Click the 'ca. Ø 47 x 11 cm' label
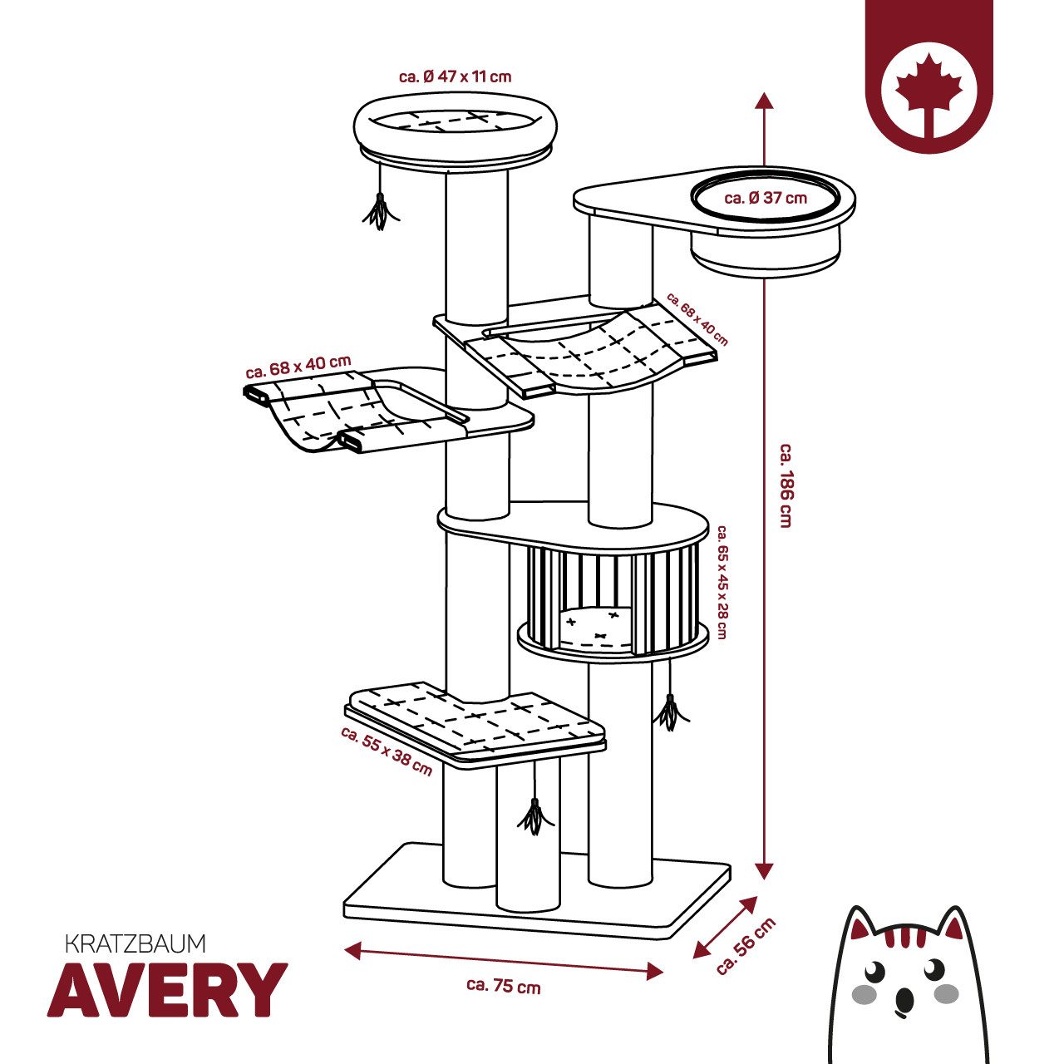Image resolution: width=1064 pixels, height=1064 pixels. coord(455,76)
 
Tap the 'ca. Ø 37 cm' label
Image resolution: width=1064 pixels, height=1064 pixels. coord(766,198)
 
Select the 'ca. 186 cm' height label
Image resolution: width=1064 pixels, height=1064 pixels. coord(786,485)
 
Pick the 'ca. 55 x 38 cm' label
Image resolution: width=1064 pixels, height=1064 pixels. coord(387,751)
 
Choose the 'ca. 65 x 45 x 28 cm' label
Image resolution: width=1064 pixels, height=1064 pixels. coord(722,582)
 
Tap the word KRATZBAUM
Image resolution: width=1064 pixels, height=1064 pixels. coord(135,943)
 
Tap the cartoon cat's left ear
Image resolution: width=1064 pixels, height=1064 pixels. coord(863,929)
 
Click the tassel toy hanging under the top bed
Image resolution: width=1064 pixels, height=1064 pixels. coord(379,211)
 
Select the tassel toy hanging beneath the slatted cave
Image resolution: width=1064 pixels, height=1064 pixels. coord(670,712)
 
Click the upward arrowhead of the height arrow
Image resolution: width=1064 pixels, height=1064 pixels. coord(764,101)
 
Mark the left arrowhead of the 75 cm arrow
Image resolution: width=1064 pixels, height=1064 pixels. coord(353,948)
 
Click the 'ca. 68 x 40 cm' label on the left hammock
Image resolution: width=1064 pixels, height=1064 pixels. coord(298,366)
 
